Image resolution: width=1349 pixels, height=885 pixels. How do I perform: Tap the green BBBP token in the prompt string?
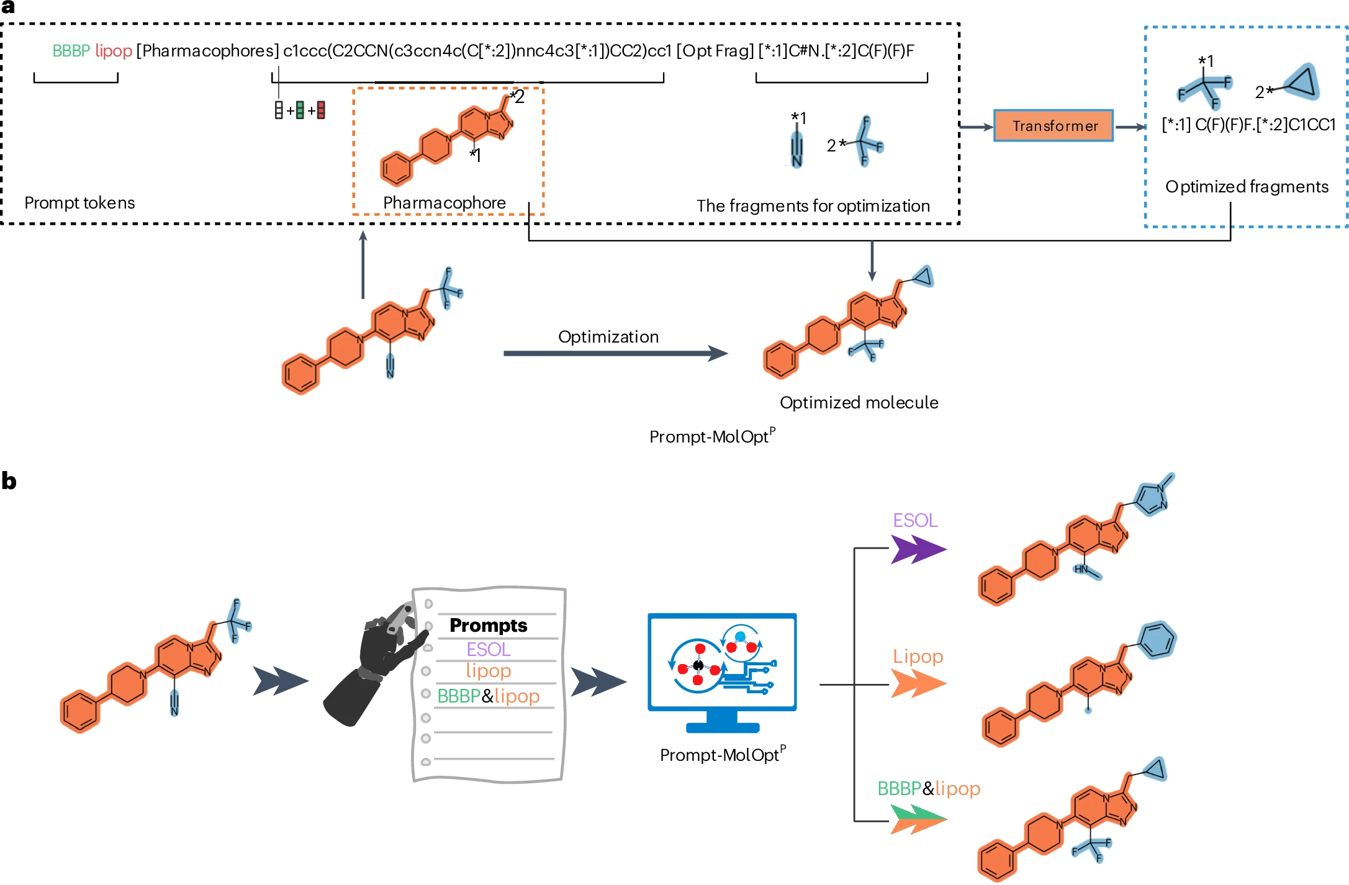tap(71, 51)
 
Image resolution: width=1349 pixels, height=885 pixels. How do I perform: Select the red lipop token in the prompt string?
tap(114, 51)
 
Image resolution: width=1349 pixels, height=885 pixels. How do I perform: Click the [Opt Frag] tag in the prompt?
tap(715, 51)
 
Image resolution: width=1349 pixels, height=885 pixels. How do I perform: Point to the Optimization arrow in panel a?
tap(615, 354)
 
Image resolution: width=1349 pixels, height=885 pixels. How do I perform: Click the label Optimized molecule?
tap(859, 403)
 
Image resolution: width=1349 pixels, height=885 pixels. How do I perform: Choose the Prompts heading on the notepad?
tap(488, 625)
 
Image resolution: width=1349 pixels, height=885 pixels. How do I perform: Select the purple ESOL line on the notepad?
tap(488, 649)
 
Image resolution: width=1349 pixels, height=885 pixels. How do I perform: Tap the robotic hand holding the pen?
tap(376, 664)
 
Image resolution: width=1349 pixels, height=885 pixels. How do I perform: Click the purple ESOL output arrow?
tap(918, 549)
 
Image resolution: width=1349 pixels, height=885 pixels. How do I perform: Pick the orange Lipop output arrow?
tap(918, 685)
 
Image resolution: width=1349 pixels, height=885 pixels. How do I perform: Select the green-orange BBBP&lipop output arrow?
tap(918, 819)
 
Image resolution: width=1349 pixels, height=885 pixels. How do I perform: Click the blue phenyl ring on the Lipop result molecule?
tap(1156, 640)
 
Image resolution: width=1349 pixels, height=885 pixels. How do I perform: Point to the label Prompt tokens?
tap(79, 203)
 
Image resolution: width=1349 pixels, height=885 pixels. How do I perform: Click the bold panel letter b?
tap(9, 481)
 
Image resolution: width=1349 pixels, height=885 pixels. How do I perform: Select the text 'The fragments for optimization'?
tap(813, 206)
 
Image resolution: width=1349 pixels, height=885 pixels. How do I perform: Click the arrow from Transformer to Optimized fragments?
tap(1130, 127)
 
